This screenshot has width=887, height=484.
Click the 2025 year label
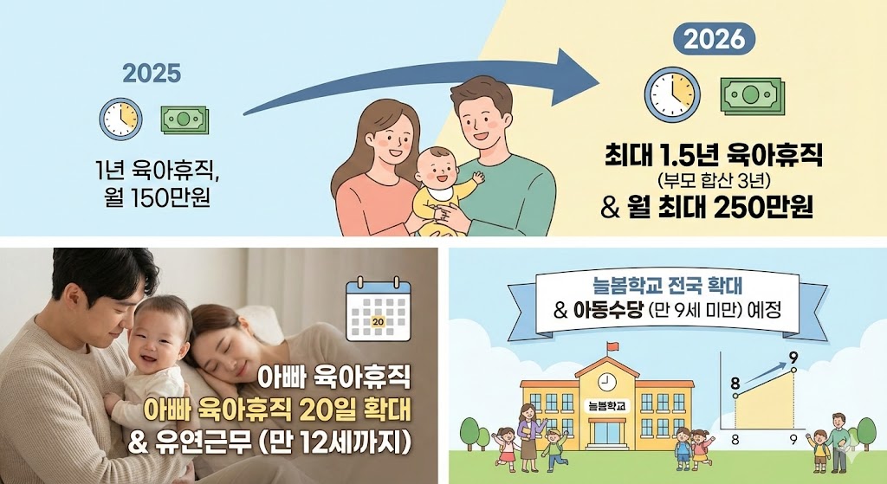[x=152, y=74]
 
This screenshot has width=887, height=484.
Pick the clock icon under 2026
[x=672, y=94]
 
